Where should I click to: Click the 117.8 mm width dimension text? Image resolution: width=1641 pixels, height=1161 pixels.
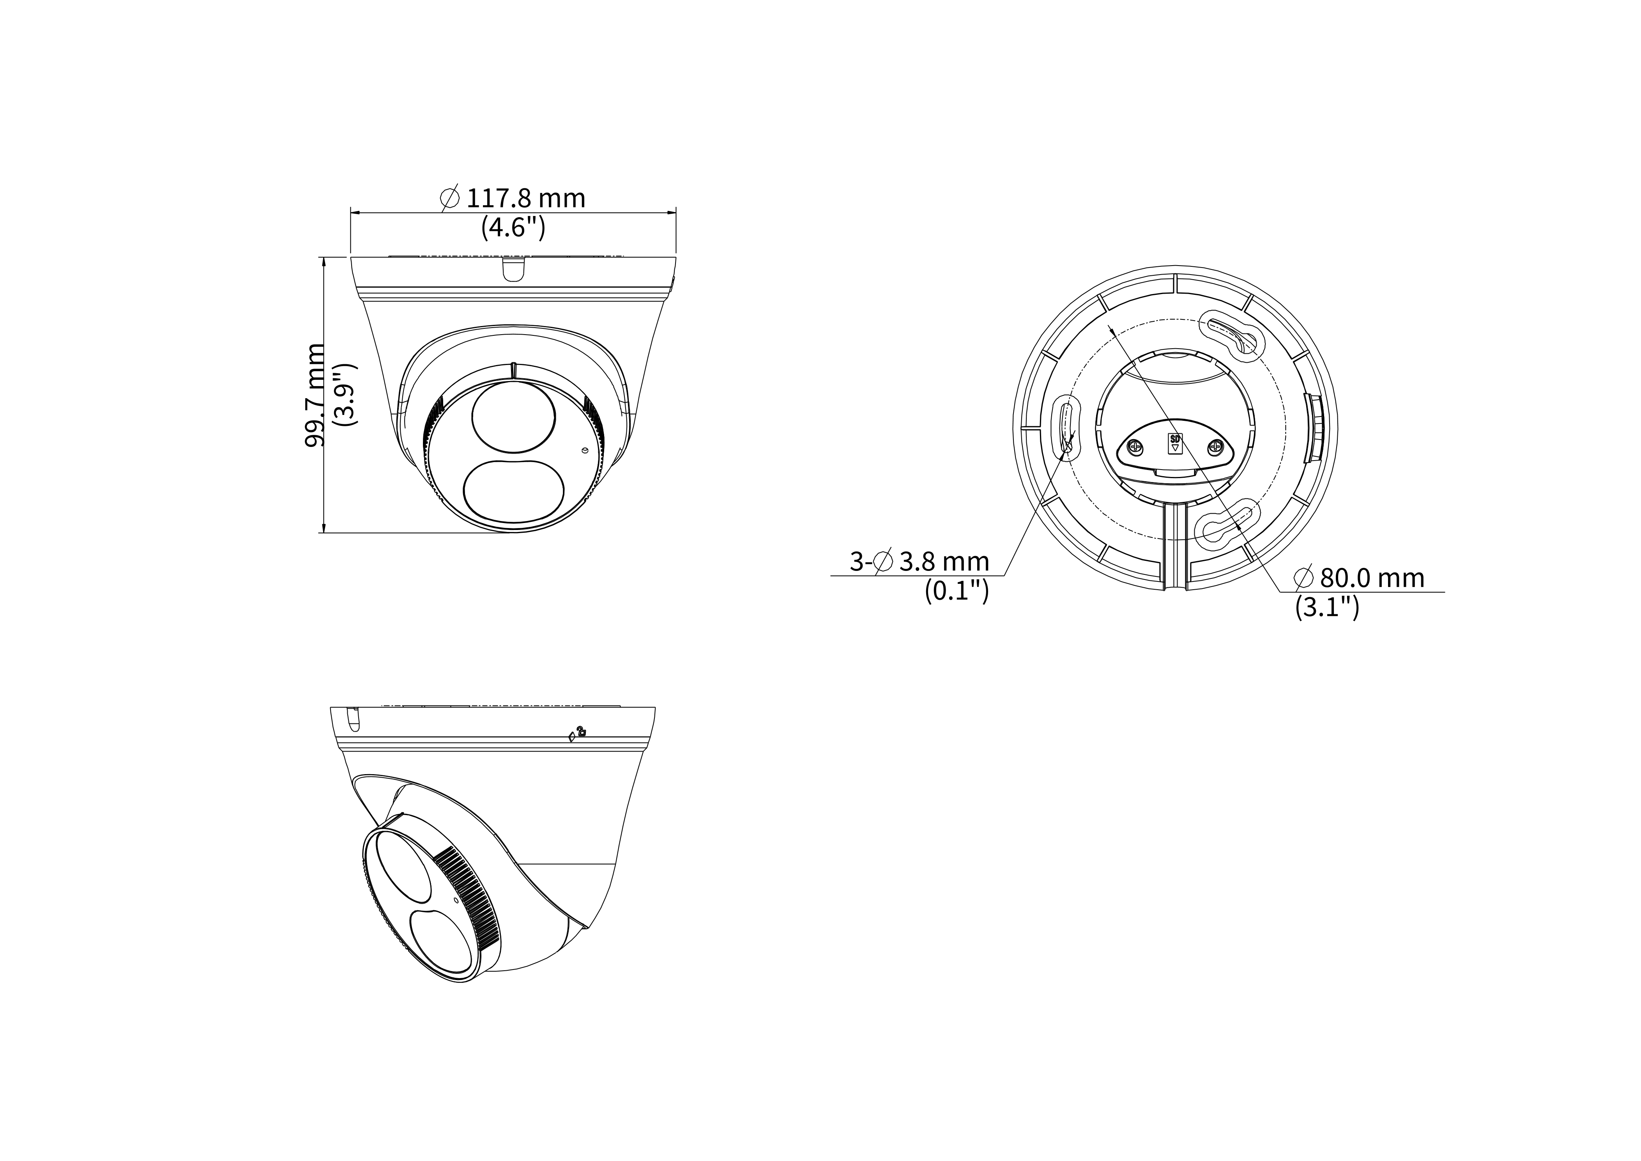[525, 198]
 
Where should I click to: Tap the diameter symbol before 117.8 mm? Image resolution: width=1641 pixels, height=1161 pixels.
[450, 198]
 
